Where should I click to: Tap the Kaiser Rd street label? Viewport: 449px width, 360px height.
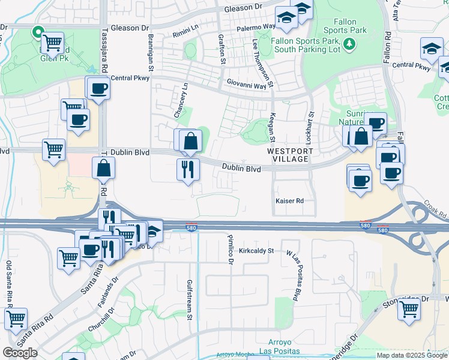289,200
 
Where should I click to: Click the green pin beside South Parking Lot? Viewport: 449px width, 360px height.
349,43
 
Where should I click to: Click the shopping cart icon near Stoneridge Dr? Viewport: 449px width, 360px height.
409,309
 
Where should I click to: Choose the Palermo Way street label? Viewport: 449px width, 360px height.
256,28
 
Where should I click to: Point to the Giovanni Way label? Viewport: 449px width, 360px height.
246,86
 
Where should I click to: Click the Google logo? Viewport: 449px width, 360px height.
20,353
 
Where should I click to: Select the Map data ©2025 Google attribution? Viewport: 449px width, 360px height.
412,355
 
